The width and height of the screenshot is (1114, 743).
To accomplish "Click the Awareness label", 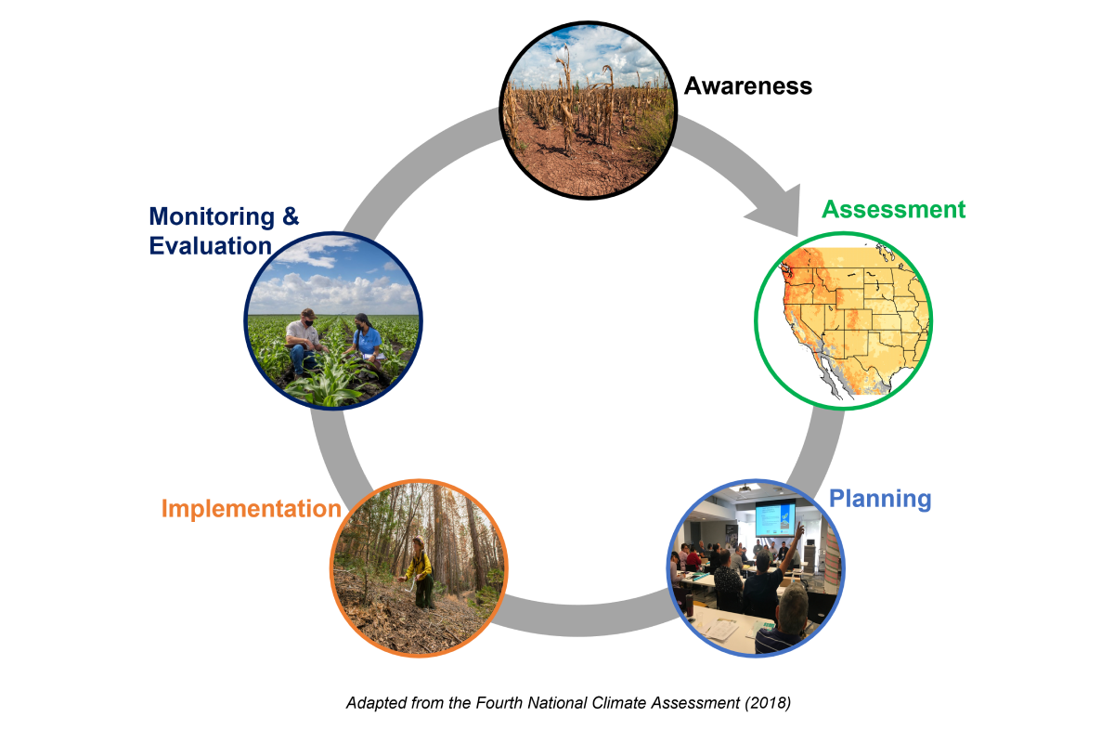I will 747,86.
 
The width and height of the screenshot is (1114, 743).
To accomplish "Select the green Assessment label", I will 893,209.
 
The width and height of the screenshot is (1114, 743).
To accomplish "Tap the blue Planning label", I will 879,499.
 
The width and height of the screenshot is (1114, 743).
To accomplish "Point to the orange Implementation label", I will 251,509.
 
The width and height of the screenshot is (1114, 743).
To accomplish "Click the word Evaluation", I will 210,246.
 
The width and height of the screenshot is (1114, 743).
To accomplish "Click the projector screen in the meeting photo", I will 775,519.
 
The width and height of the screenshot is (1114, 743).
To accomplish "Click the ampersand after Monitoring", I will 290,217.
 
